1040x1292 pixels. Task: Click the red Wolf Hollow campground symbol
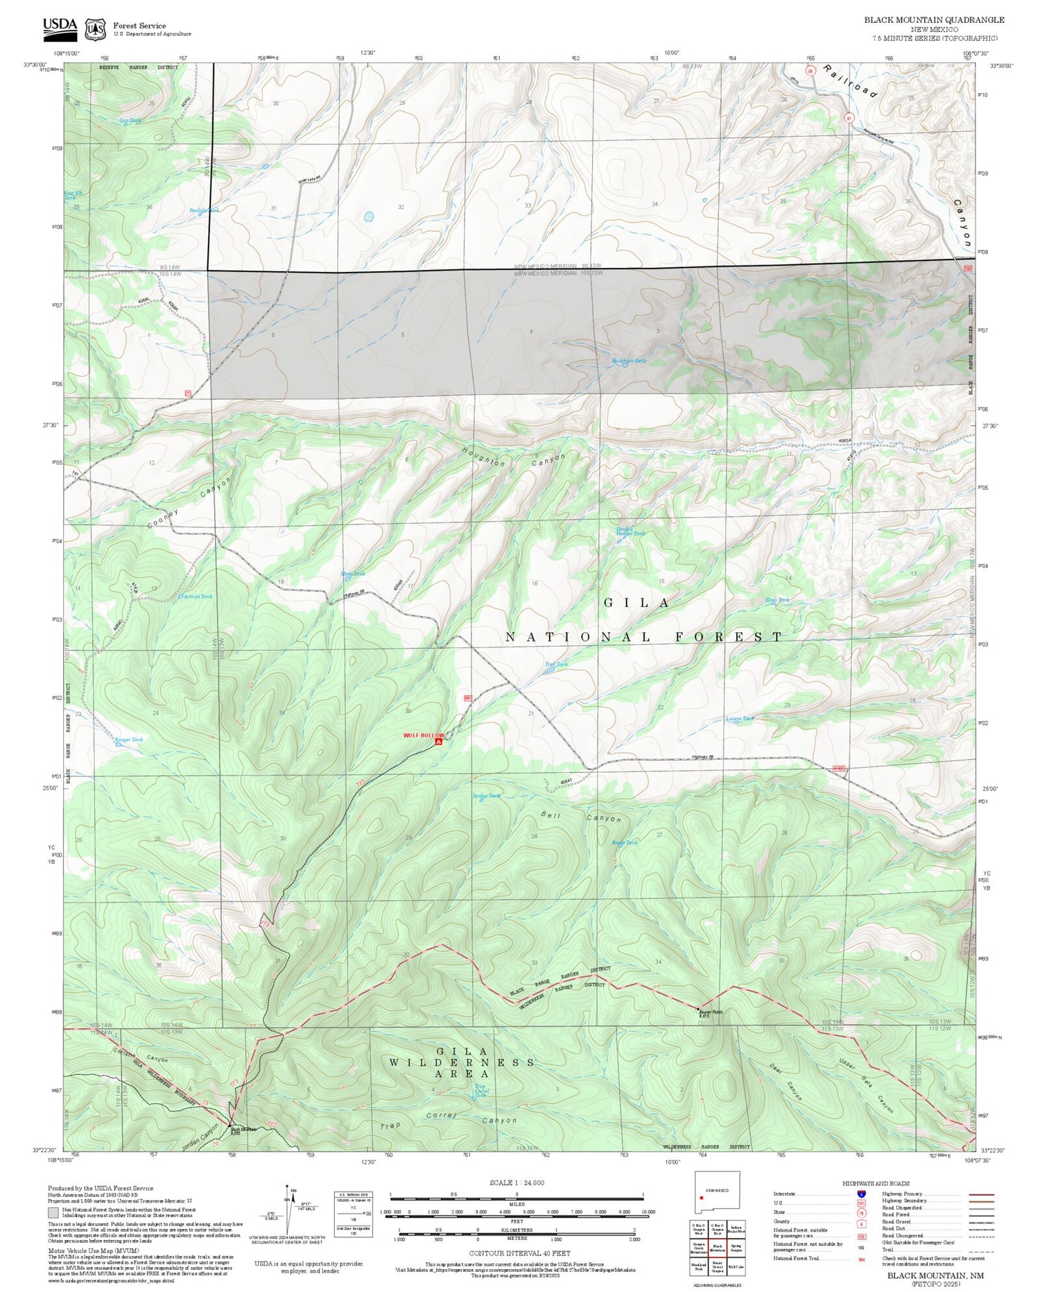click(438, 742)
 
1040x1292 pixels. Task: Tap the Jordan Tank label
click(486, 796)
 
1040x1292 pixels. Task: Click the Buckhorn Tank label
click(629, 361)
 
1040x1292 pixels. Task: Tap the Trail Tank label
click(556, 664)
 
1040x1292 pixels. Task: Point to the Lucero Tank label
click(739, 719)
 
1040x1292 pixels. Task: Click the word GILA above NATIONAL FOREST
click(636, 602)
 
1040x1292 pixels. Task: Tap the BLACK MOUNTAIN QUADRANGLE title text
click(934, 19)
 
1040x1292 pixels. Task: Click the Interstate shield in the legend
click(860, 1194)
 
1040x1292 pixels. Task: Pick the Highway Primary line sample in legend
click(978, 1194)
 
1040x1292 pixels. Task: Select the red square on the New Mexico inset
click(702, 1198)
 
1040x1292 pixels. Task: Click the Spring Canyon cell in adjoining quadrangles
click(736, 1246)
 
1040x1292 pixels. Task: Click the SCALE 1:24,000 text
click(517, 1182)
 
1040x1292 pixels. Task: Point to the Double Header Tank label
click(630, 532)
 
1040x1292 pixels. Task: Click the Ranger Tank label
click(129, 740)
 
